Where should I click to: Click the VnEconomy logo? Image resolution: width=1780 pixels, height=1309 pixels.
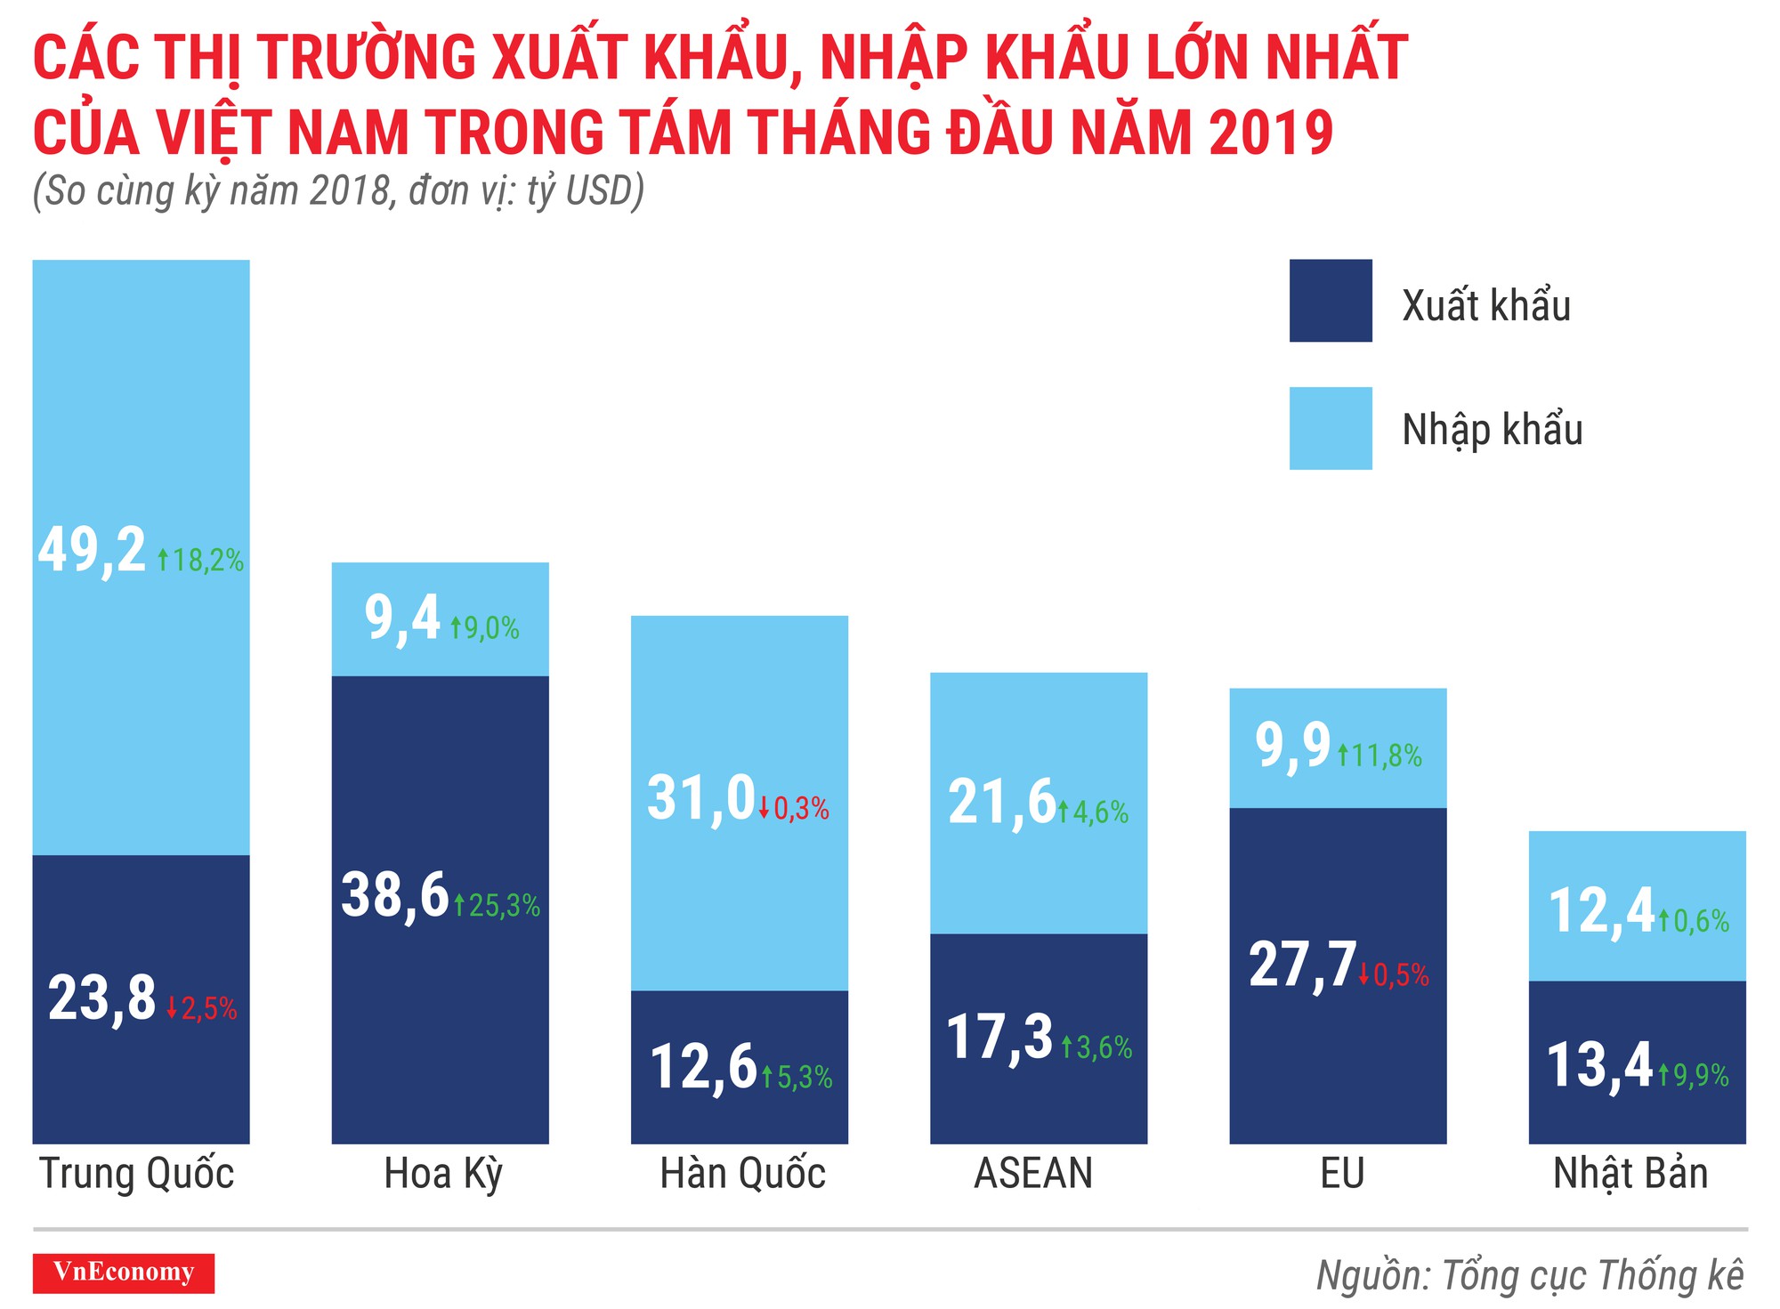(123, 1273)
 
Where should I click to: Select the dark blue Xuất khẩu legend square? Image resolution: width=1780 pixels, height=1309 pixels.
(1330, 301)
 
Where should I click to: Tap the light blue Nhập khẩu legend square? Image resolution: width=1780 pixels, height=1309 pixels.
(1330, 428)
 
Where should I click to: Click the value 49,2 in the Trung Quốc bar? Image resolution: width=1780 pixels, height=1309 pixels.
(92, 551)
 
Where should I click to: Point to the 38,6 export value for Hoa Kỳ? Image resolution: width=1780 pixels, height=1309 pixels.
(394, 895)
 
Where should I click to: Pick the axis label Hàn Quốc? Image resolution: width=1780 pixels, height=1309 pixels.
(742, 1174)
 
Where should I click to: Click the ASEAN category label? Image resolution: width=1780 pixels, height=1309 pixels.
(1033, 1174)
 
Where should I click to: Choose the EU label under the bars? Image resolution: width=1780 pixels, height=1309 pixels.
(1341, 1174)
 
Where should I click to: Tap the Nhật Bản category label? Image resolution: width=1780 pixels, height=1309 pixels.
(1630, 1174)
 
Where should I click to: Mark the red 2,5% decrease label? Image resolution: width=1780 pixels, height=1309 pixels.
(202, 1009)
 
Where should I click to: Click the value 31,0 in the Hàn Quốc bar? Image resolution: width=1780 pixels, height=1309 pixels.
(701, 798)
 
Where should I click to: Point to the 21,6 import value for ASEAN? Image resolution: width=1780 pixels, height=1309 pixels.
(1001, 802)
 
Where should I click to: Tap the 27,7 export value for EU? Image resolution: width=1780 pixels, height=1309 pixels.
(1302, 965)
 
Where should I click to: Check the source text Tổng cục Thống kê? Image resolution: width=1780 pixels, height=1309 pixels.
(1591, 1275)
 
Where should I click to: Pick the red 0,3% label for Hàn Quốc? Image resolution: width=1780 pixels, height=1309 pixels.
(794, 809)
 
